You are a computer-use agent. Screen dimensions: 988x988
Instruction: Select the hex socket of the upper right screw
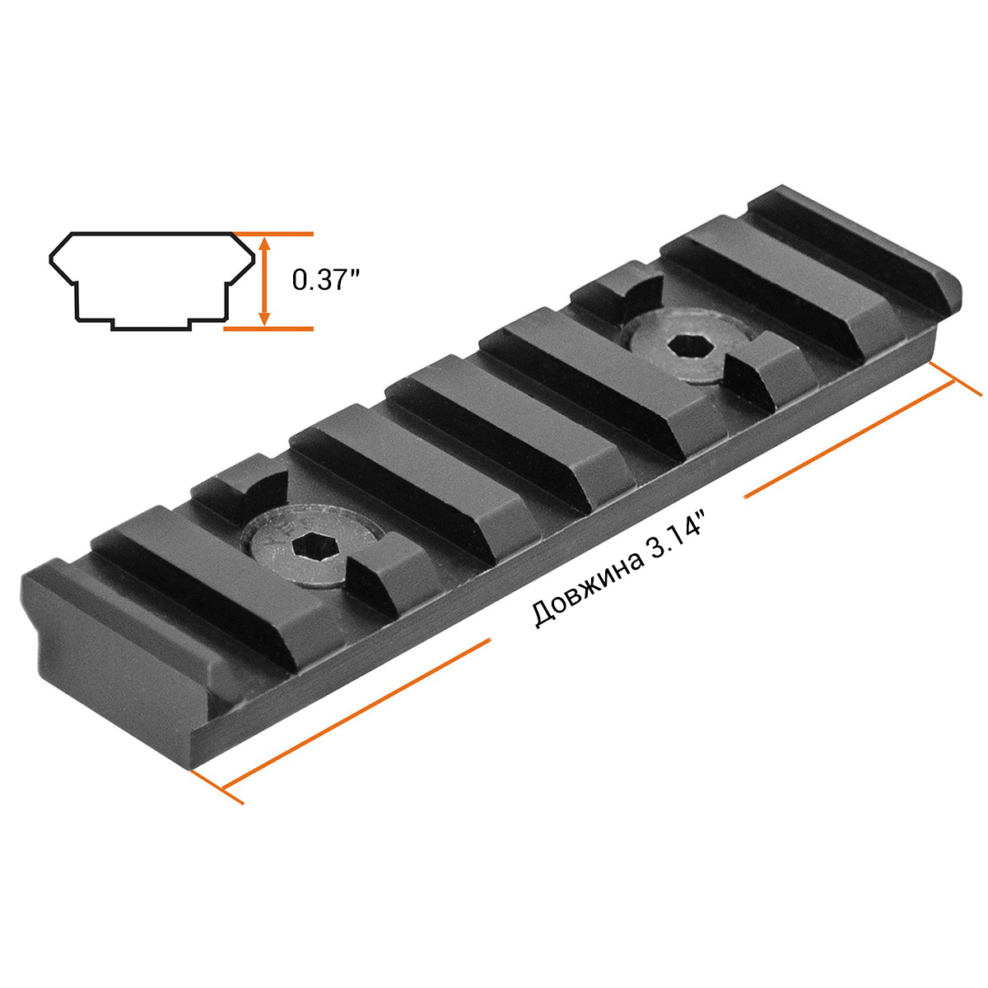click(691, 349)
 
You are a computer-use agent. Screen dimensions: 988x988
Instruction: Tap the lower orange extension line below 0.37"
click(268, 329)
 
